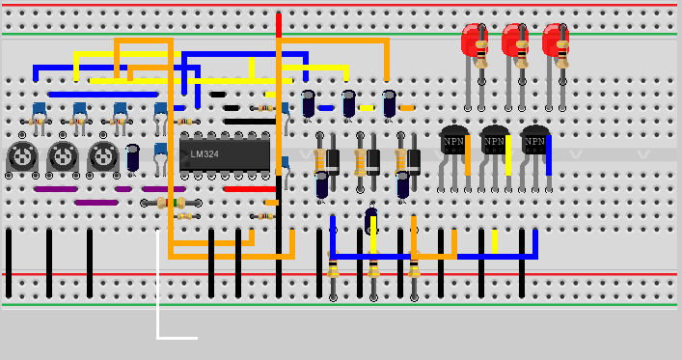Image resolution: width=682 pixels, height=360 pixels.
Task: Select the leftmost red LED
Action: pos(474,42)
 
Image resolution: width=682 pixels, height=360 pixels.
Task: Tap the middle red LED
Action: pos(514,42)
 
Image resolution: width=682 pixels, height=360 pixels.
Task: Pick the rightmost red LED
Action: pos(555,42)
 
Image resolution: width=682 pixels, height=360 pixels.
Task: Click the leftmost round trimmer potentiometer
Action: pos(21,155)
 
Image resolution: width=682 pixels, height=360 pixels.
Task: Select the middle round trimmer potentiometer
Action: pos(62,155)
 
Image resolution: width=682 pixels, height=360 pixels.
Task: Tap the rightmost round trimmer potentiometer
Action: pos(102,155)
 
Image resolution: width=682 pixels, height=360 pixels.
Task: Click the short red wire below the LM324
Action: pos(250,189)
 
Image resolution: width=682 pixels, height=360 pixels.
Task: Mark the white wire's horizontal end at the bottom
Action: pos(178,338)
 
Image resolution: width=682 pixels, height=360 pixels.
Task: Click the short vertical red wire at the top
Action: pos(279,25)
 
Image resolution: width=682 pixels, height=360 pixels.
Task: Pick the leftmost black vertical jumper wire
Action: pos(9,263)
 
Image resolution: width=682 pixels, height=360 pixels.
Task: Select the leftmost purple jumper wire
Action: pos(55,189)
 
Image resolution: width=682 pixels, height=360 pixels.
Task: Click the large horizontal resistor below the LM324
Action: pos(171,203)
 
